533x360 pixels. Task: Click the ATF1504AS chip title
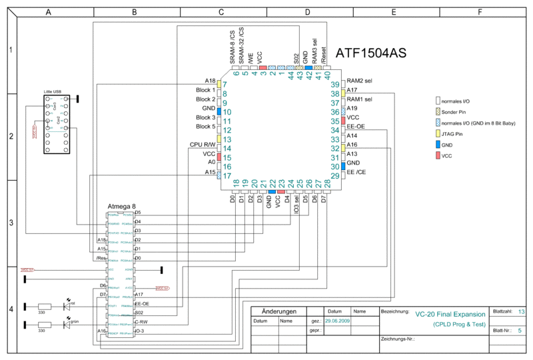pyautogui.click(x=370, y=53)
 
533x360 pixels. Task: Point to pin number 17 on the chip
pyautogui.click(x=227, y=176)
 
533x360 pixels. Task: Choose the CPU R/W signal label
pyautogui.click(x=203, y=144)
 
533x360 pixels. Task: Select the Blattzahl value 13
pyautogui.click(x=521, y=311)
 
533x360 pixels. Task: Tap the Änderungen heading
pyautogui.click(x=278, y=311)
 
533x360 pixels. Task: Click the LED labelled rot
pyautogui.click(x=67, y=306)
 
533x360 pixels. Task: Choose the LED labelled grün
pyautogui.click(x=67, y=325)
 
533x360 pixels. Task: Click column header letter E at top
pyautogui.click(x=394, y=12)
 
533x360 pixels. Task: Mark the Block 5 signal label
pyautogui.click(x=205, y=126)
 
